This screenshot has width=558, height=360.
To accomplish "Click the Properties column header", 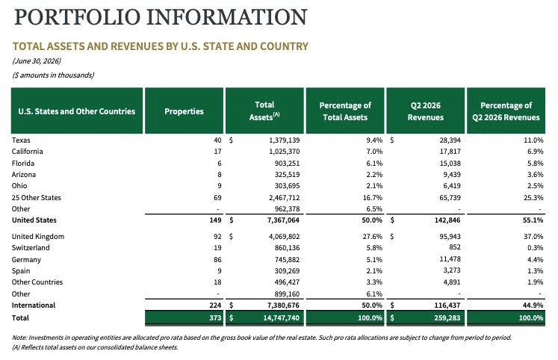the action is [x=184, y=111].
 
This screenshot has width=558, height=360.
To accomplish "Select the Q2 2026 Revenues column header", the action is [x=425, y=111].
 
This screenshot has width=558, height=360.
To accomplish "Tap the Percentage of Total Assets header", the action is [x=345, y=111].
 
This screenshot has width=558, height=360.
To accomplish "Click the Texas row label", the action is [x=21, y=140].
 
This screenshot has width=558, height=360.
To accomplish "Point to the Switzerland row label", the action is [x=31, y=247].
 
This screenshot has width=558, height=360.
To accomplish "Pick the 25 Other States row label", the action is [x=37, y=197].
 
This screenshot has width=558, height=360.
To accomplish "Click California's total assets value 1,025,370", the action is [x=284, y=152].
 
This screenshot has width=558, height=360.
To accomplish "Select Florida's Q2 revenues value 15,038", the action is [x=450, y=164].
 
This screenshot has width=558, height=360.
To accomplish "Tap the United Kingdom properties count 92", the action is [x=217, y=237].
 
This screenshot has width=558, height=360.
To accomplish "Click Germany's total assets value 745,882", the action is [x=287, y=260].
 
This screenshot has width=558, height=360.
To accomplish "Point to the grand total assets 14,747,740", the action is [x=281, y=317].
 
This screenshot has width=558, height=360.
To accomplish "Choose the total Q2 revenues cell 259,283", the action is [x=447, y=317].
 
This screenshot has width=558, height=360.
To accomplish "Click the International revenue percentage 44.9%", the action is [x=533, y=305].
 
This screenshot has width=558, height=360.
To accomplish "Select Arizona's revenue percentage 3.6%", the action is [x=536, y=175].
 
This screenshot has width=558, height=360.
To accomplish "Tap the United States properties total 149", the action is [x=215, y=220].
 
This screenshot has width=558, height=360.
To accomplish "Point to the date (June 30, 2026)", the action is [x=37, y=60].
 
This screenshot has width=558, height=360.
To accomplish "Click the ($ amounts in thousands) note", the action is [x=53, y=75].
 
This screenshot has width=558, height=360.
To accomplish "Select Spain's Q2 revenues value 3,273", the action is [x=452, y=270].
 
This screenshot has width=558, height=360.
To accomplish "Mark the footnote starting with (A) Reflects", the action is [x=95, y=347].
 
